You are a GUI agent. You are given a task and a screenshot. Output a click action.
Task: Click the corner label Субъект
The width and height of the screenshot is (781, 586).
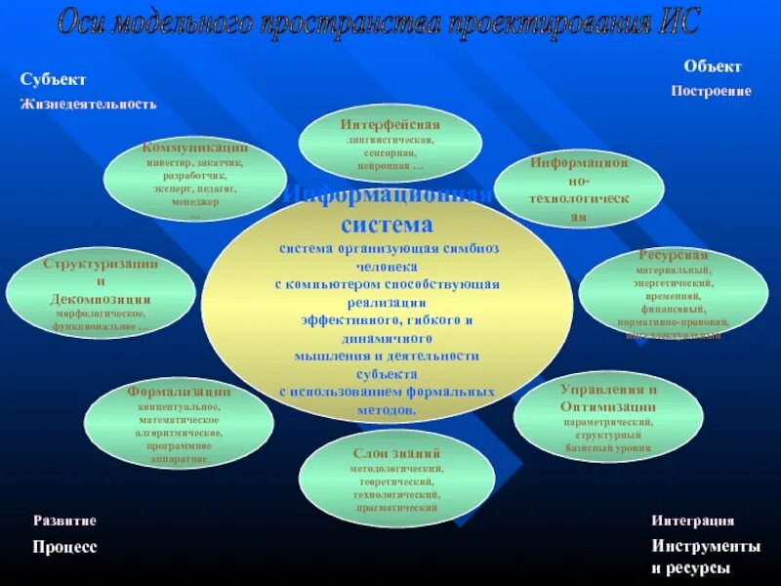[x=54, y=79]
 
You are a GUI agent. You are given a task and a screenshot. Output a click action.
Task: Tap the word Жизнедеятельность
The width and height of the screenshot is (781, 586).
[x=88, y=103]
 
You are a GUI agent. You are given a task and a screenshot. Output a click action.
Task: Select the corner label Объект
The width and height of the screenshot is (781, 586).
[x=713, y=66]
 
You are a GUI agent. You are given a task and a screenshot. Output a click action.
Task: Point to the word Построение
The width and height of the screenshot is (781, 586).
[x=711, y=91]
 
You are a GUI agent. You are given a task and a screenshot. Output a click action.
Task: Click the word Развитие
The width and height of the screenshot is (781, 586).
[x=65, y=522]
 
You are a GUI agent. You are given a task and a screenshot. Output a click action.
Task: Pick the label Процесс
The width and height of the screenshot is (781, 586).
[x=65, y=547]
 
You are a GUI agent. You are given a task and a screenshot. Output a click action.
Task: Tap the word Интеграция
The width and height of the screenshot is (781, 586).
[x=693, y=522]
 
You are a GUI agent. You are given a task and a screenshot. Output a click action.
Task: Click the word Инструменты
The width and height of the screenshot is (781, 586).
[x=706, y=547]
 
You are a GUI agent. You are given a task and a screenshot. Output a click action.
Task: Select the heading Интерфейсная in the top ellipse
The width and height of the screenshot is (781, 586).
[x=390, y=125]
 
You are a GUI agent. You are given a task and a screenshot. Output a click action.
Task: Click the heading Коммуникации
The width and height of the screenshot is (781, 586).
[x=195, y=147]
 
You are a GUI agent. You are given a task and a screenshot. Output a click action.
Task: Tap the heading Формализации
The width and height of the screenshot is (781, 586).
[x=178, y=391]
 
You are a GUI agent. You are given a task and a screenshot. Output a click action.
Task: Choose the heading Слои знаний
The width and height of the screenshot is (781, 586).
[x=397, y=454]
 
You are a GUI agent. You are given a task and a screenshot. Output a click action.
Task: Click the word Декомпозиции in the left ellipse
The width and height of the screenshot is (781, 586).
[x=101, y=300]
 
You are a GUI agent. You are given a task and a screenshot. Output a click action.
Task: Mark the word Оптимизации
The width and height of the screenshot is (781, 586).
[x=608, y=406]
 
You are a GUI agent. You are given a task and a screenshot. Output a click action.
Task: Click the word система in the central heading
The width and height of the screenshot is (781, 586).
[x=387, y=225]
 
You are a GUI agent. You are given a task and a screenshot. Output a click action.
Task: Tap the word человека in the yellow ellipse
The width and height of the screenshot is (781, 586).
[x=387, y=266]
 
